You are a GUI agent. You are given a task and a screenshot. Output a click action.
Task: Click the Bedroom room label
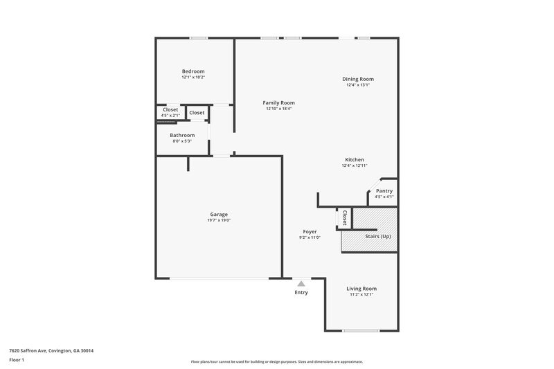coord(193,71)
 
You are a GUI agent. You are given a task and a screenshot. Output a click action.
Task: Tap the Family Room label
coord(278,102)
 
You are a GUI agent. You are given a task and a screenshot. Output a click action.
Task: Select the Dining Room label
coord(358,79)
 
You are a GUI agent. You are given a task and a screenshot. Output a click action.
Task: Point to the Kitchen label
coord(355,160)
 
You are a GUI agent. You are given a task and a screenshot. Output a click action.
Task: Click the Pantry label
coord(384,191)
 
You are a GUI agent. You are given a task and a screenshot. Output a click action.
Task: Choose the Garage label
coord(219,215)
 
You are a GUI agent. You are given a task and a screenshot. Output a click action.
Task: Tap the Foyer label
coord(310,231)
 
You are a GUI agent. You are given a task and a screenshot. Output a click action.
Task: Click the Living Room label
coord(361,289)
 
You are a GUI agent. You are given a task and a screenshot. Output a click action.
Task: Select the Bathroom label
coord(182,136)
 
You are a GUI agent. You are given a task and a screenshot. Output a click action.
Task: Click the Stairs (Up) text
coord(377,237)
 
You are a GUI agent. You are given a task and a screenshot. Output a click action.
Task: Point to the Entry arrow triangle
coord(301,282)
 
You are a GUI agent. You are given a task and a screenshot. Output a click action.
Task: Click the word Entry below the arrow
coord(301,292)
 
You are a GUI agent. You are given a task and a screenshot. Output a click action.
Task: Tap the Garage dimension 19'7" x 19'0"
coord(219,221)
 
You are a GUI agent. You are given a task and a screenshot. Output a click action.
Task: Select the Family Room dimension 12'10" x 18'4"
coord(278,109)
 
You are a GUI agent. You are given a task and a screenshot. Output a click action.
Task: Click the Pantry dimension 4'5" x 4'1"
coord(384,197)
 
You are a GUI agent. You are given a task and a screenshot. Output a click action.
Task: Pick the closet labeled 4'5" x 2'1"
coord(170,115)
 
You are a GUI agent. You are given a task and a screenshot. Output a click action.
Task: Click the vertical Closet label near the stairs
coord(344,217)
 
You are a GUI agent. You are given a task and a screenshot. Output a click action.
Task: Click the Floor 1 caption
coord(17,361)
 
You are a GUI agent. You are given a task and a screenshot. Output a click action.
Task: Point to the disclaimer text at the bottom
coord(276,361)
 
